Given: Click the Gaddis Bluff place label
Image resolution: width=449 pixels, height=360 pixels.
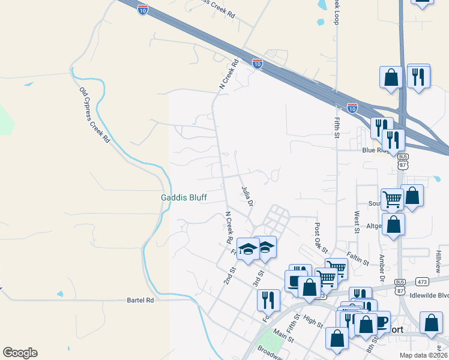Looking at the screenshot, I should [x=185, y=198].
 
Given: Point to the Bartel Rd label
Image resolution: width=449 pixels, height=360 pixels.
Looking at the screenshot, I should [x=140, y=299].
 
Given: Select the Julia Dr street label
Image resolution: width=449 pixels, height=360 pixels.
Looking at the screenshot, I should [x=247, y=196].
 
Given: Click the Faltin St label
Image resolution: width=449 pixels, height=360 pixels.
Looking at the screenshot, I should [x=357, y=259].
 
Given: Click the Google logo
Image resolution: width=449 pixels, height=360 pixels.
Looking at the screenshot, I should [x=20, y=353].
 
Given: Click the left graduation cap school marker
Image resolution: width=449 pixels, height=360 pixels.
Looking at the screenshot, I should [x=247, y=250].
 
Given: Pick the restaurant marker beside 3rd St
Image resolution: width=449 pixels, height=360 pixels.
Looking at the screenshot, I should [x=268, y=299].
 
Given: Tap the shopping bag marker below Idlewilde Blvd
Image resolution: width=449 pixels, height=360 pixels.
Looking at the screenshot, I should [x=431, y=322].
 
